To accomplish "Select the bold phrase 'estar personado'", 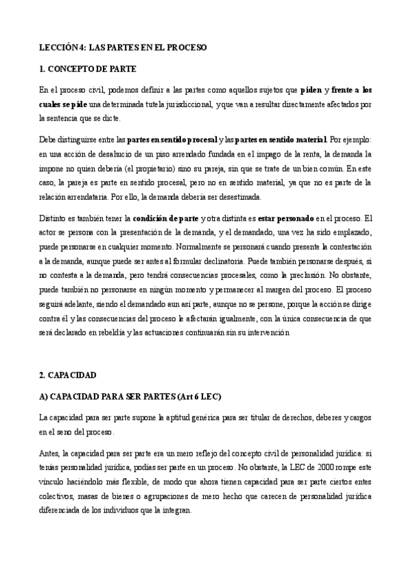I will click(285, 219).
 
